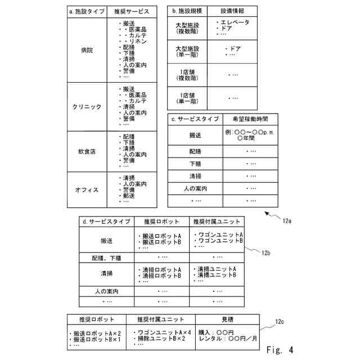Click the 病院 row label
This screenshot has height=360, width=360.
(87, 51)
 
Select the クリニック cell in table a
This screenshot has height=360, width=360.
(87, 107)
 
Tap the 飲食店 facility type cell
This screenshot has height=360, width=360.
(87, 152)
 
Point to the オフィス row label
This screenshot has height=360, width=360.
(87, 190)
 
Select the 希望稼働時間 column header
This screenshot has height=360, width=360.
(246, 119)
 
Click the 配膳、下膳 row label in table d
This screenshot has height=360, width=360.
(106, 258)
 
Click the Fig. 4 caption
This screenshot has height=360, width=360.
(280, 349)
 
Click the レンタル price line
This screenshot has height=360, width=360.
(227, 339)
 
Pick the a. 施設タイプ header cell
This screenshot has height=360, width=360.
(86, 11)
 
